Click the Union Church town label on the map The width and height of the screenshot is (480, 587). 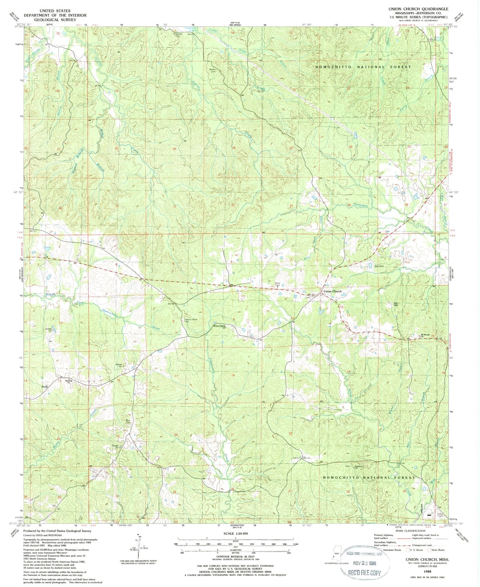click(x=333, y=291)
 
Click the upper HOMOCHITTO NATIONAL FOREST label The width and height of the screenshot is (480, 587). click(x=363, y=67)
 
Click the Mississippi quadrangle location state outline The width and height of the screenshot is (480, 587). click(x=336, y=555)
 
